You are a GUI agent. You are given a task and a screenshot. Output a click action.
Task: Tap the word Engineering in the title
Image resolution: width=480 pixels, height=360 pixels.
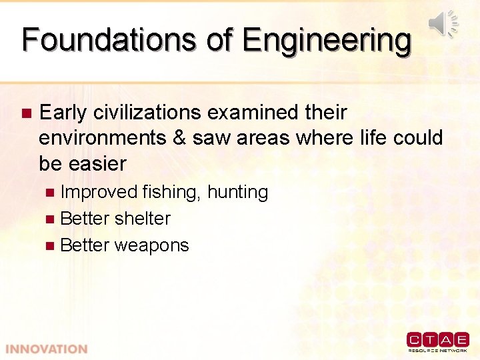point(327,41)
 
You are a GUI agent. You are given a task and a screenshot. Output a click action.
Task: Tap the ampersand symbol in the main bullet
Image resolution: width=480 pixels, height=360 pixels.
point(179,138)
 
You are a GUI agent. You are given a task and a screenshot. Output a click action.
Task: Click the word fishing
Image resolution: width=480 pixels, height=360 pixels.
point(171,193)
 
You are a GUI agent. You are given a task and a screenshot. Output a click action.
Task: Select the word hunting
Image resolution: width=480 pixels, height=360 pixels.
point(237,193)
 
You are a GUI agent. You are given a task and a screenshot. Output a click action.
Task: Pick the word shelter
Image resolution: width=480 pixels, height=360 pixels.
point(143,219)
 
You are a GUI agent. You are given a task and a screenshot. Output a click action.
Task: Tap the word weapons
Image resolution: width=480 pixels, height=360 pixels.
point(151,245)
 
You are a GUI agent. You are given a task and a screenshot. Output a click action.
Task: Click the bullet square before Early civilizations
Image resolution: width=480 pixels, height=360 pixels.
point(26,113)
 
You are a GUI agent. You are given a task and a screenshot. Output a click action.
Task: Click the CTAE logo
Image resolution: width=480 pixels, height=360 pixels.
point(437,341)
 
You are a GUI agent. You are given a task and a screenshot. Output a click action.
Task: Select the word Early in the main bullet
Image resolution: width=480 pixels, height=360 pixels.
point(63,113)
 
